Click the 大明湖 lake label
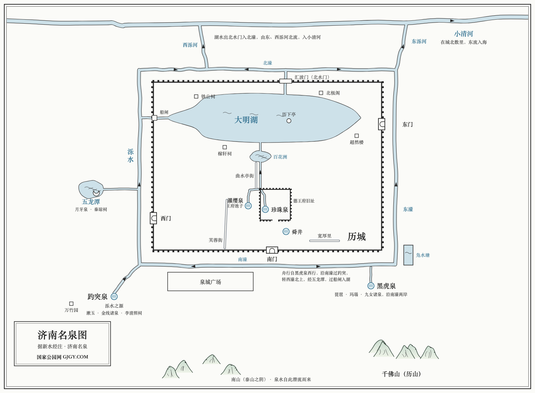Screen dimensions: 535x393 click(x=246, y=120)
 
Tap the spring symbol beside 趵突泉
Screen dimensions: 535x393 click(x=114, y=297)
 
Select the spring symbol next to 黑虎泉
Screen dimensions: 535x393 click(x=371, y=285)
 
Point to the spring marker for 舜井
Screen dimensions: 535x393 click(x=286, y=232)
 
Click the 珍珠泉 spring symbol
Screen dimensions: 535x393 click(x=265, y=209)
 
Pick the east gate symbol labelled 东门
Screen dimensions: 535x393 click(x=382, y=124)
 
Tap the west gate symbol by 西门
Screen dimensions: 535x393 click(x=153, y=218)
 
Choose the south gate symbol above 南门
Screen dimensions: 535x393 click(x=272, y=250)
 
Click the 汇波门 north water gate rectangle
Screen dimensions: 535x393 click(x=286, y=81)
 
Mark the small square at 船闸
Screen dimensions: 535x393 click(x=154, y=118)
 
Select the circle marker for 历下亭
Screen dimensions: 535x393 click(x=289, y=121)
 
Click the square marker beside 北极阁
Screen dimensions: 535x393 click(x=321, y=93)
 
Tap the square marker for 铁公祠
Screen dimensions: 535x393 click(x=196, y=96)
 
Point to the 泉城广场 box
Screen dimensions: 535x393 click(x=210, y=282)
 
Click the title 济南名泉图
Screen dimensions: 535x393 click(x=62, y=335)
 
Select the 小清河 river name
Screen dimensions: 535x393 click(x=464, y=34)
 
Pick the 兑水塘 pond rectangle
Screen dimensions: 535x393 click(x=408, y=255)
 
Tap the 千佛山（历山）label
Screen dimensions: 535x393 click(x=402, y=374)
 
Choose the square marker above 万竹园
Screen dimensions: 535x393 click(x=71, y=304)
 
